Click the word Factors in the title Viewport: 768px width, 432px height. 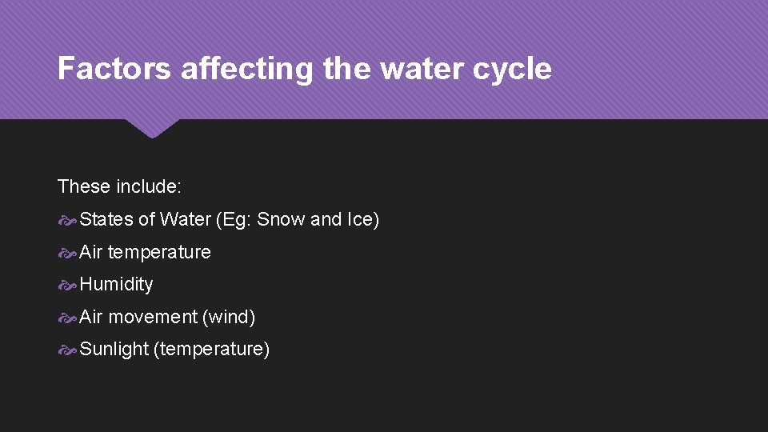coord(114,69)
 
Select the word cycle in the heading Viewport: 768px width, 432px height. coord(511,69)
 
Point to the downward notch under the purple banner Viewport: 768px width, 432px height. coord(152,128)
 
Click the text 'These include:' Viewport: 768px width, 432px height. coord(120,186)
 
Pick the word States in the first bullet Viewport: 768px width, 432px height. coord(106,219)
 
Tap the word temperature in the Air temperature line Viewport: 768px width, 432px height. coord(159,252)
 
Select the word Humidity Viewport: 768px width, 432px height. coord(116,284)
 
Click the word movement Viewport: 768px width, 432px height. coord(152,317)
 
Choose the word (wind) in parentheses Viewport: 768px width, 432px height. coord(229,317)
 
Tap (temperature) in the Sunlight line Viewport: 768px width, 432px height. coord(212,349)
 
